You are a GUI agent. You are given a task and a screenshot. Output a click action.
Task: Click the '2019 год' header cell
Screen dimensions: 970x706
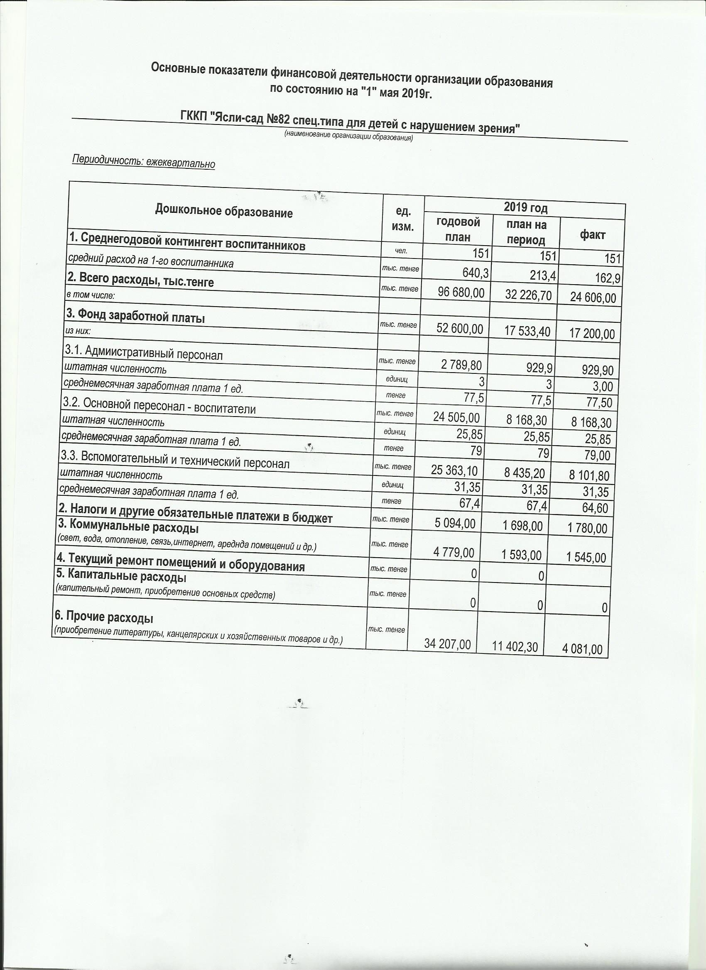click(x=525, y=208)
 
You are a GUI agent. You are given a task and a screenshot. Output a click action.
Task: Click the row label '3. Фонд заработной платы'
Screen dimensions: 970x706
click(x=135, y=318)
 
